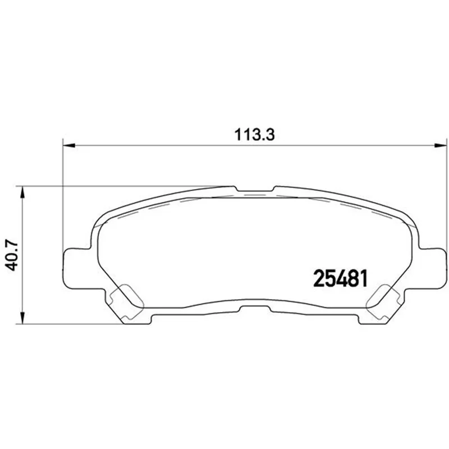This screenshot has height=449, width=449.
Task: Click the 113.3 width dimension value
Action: pyautogui.click(x=254, y=135)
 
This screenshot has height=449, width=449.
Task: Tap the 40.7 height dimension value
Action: pyautogui.click(x=12, y=256)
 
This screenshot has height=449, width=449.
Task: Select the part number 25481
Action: pyautogui.click(x=340, y=278)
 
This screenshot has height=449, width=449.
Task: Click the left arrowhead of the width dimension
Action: pyautogui.click(x=68, y=145)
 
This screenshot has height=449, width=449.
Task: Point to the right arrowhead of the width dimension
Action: pyautogui.click(x=441, y=145)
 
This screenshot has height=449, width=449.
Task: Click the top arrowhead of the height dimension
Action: pyautogui.click(x=22, y=192)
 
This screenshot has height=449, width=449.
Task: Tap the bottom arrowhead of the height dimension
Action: pyautogui.click(x=22, y=318)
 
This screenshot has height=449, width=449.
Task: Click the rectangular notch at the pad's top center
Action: pyautogui.click(x=254, y=189)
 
